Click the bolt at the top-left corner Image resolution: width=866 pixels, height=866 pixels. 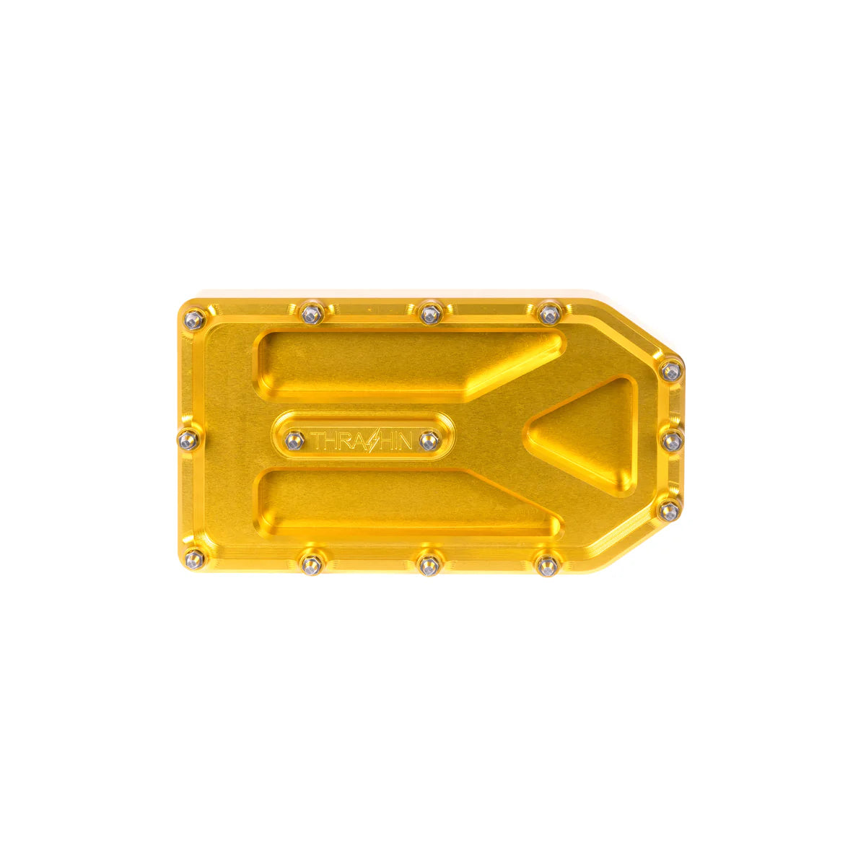pos(193,318)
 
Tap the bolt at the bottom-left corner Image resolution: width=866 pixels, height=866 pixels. pos(193,557)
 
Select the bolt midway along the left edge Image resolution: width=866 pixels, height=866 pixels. pos(188,439)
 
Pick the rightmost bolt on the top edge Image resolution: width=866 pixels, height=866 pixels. pos(549,313)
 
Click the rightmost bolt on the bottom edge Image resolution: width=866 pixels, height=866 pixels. pos(547,565)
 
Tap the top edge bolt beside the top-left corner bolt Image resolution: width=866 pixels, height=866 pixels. pos(312,313)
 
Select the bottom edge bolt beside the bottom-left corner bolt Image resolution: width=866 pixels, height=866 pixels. pos(311,564)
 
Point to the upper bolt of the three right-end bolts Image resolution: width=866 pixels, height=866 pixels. pos(671,370)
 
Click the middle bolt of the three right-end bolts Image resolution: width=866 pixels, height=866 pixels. pos(672,440)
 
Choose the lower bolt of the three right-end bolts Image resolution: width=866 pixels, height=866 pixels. pos(669,510)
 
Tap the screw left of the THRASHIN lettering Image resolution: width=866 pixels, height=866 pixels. pos(294,440)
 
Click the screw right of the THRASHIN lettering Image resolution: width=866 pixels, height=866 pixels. pos(429,440)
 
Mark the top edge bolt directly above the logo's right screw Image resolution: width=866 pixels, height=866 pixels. pos(430,313)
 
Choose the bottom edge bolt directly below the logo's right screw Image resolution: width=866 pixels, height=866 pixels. pos(429,565)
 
